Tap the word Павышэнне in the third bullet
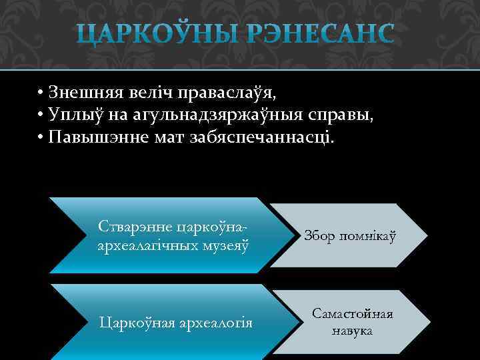click(95, 137)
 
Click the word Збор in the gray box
click(319, 235)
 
